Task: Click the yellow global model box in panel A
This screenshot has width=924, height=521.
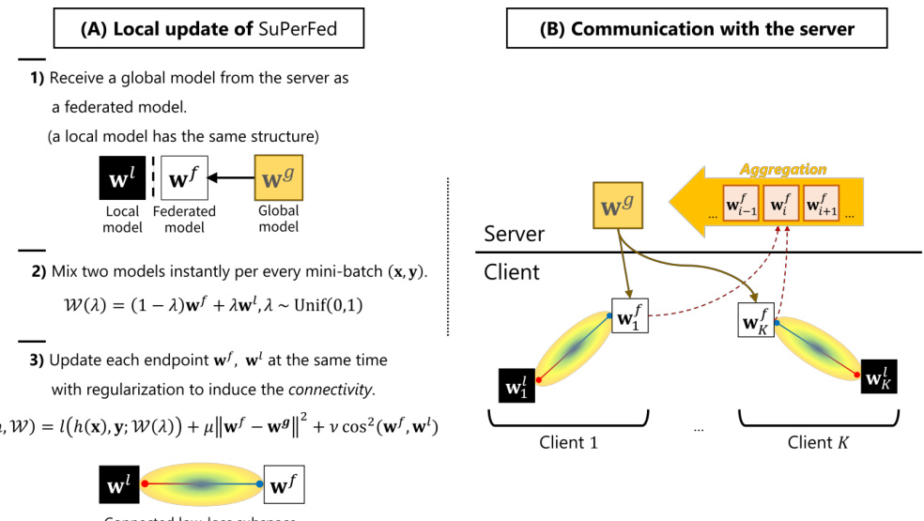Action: (x=278, y=176)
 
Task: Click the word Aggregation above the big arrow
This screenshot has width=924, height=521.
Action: (x=783, y=170)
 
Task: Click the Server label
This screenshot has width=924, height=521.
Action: (x=516, y=233)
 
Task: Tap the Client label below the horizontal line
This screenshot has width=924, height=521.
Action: (x=512, y=272)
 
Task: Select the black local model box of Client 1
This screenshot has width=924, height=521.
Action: (x=517, y=385)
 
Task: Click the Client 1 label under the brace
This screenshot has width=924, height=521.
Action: (x=569, y=442)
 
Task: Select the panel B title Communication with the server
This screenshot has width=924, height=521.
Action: (x=696, y=28)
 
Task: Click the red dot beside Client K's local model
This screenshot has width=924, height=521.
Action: (x=857, y=375)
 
